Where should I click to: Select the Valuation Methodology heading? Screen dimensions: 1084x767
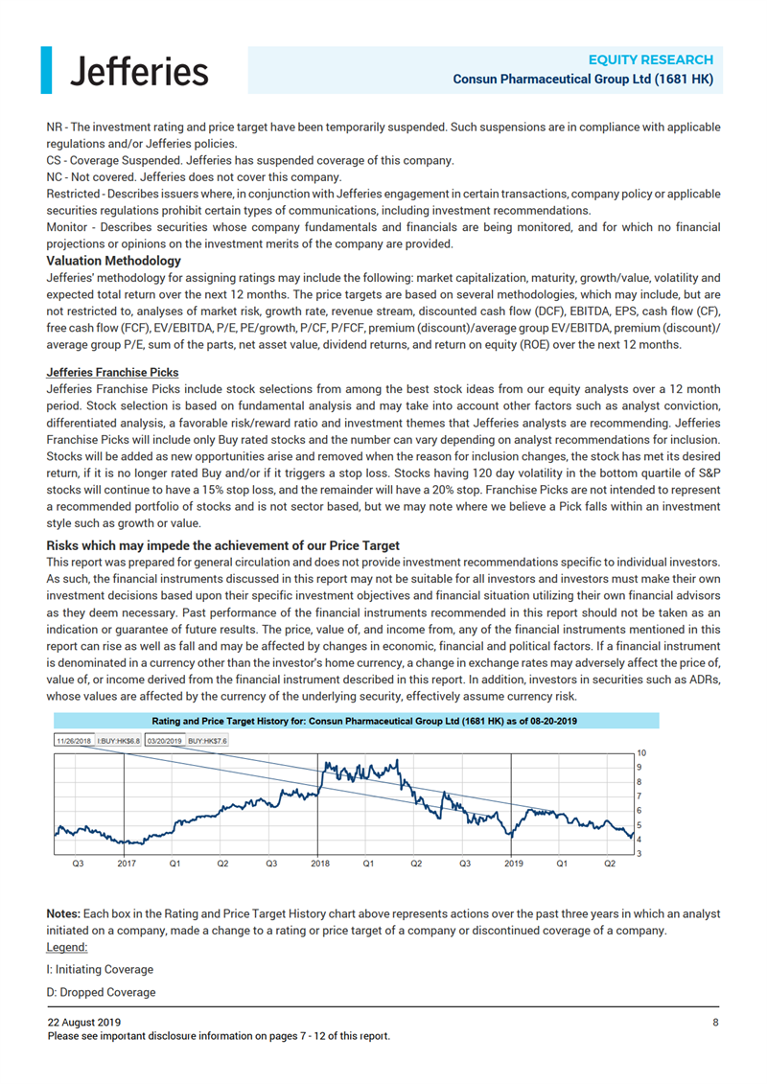[x=114, y=261]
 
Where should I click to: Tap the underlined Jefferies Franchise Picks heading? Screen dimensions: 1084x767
[x=112, y=373]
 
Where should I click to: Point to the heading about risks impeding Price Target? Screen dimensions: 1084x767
[x=222, y=545]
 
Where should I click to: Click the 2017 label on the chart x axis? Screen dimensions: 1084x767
[x=127, y=863]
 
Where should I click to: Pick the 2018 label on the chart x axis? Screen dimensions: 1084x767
[x=320, y=863]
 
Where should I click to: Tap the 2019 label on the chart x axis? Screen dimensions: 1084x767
[x=513, y=863]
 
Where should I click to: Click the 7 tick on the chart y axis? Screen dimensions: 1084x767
[x=640, y=796]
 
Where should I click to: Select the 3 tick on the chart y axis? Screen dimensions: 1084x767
[x=640, y=853]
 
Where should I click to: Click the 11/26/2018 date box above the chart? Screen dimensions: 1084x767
[x=73, y=740]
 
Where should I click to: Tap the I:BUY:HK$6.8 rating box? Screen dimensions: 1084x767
[x=119, y=740]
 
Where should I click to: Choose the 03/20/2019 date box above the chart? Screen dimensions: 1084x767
[x=165, y=740]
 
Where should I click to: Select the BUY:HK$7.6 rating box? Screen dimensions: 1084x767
[x=208, y=740]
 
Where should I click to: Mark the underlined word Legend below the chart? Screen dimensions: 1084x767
[x=66, y=947]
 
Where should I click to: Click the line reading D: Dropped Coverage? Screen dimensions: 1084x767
[x=101, y=992]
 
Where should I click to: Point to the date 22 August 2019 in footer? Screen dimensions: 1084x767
[x=84, y=1023]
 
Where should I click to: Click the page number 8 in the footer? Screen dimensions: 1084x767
[x=715, y=1023]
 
